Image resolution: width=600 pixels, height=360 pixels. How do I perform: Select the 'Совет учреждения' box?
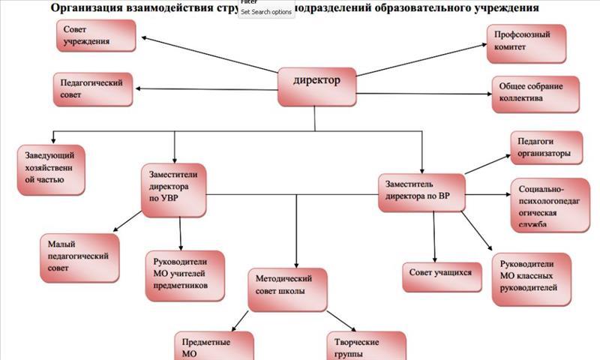tap(95, 36)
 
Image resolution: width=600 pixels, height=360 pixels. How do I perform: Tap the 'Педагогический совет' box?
tap(92, 88)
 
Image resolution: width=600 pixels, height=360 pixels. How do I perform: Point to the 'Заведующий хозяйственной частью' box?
tap(50, 170)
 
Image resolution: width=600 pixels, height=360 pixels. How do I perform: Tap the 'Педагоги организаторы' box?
tap(546, 148)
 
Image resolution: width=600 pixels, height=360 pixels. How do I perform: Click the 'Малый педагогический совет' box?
tap(79, 256)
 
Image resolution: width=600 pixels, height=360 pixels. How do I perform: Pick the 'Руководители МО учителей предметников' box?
tap(184, 274)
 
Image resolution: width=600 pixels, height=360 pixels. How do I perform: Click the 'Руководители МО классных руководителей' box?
tap(531, 278)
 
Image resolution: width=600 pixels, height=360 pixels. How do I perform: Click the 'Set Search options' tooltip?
tap(266, 12)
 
